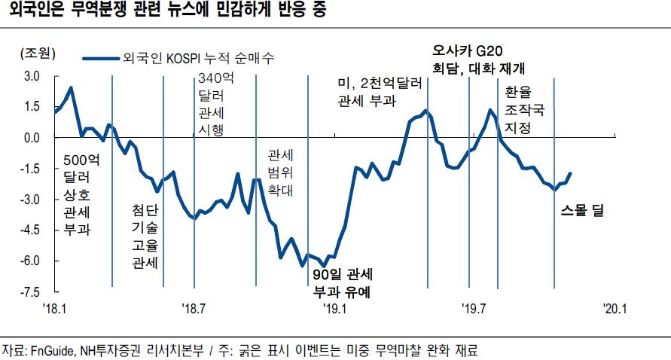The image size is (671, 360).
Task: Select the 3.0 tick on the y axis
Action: point(31,77)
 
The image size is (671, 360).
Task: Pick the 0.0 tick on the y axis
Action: point(31,138)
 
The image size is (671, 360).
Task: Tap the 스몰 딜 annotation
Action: point(583,211)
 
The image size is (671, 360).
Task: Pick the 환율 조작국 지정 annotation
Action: point(519,110)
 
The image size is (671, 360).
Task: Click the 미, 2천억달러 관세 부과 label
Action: point(376,90)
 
